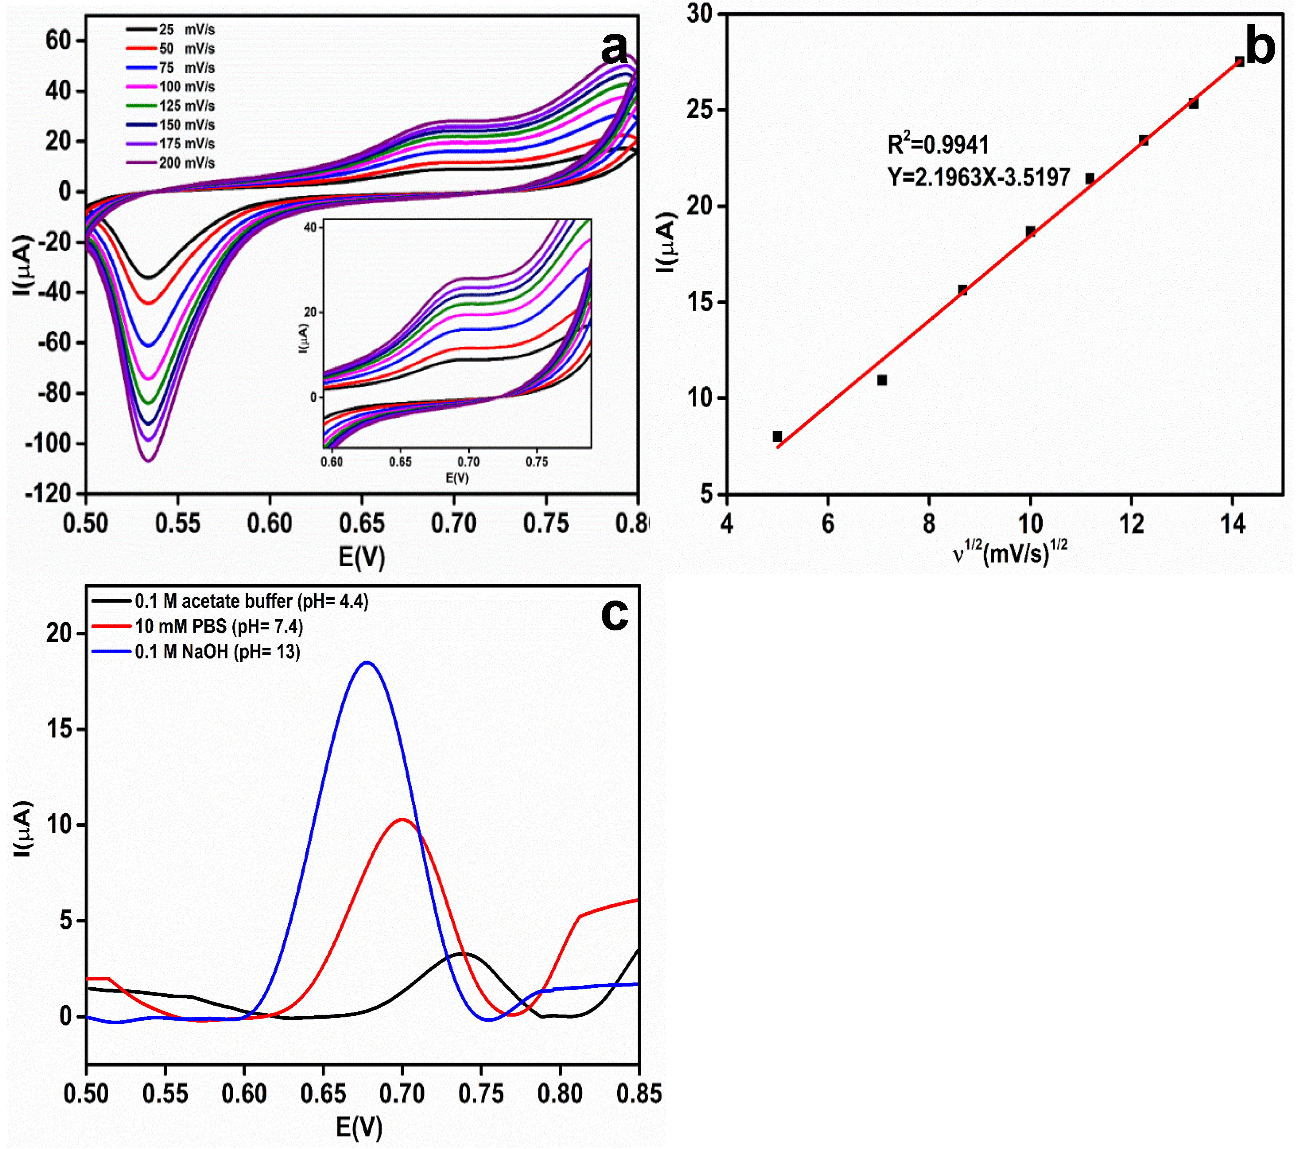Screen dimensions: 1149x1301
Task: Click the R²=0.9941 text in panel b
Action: (938, 145)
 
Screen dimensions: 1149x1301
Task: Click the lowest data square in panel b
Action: (777, 436)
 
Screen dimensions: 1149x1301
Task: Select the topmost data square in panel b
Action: (1239, 62)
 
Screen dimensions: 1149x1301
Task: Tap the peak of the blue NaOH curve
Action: (367, 662)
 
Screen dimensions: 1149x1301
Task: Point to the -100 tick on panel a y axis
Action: (49, 444)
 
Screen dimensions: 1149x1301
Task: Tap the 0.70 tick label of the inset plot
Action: (468, 462)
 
